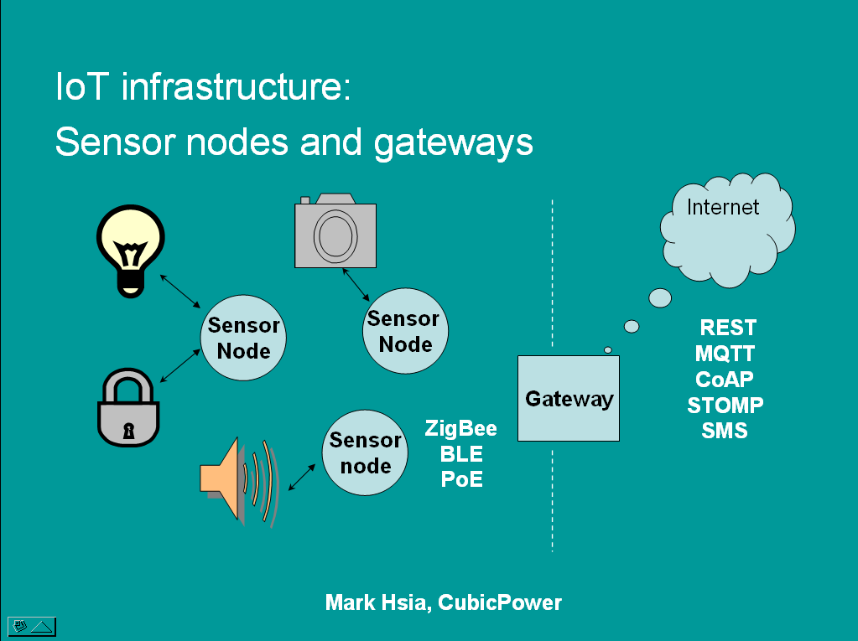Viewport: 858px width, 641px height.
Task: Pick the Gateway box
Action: point(569,399)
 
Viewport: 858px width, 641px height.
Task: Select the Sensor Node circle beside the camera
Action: point(404,332)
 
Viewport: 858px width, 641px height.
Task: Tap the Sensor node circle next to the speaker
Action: point(365,453)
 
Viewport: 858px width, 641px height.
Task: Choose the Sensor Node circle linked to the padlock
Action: point(243,339)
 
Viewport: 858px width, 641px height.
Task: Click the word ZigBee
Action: point(460,429)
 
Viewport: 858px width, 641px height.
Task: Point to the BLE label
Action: point(461,454)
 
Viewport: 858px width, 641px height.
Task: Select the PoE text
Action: point(461,479)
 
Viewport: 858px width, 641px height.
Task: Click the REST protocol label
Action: point(727,327)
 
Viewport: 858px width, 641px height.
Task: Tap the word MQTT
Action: point(725,353)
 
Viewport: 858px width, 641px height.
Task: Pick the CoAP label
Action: point(725,379)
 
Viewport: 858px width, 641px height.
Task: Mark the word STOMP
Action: point(725,406)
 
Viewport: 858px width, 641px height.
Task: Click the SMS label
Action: point(725,432)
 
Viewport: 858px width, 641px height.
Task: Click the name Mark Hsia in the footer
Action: point(377,602)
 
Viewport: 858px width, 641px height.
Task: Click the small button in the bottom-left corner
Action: point(31,625)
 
